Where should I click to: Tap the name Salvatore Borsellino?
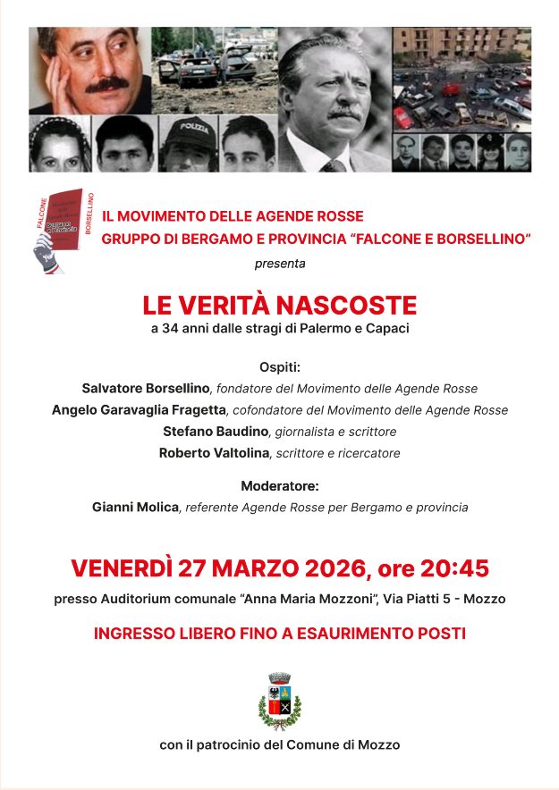146,389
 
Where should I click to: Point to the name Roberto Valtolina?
214,453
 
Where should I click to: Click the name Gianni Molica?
135,508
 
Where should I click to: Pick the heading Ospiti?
279,367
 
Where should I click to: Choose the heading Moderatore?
279,486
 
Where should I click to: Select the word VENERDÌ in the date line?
122,568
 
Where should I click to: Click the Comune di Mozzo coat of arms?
279,702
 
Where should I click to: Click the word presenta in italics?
279,264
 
